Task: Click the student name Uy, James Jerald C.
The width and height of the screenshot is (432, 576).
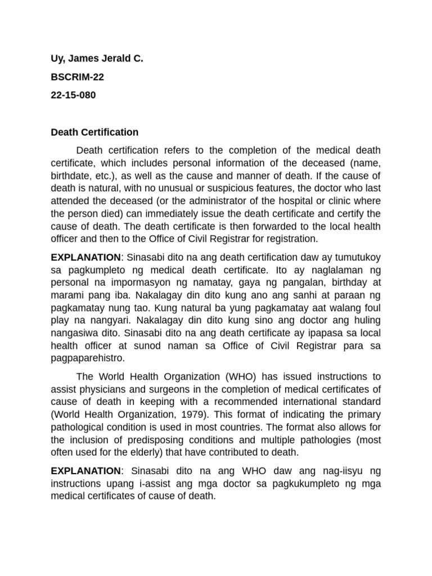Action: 97,74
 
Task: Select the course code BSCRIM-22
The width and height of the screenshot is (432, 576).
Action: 77,84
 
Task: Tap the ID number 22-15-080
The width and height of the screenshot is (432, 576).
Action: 73,95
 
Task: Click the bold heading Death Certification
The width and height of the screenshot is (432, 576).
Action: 94,132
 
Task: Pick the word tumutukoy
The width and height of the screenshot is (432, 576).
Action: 355,257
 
